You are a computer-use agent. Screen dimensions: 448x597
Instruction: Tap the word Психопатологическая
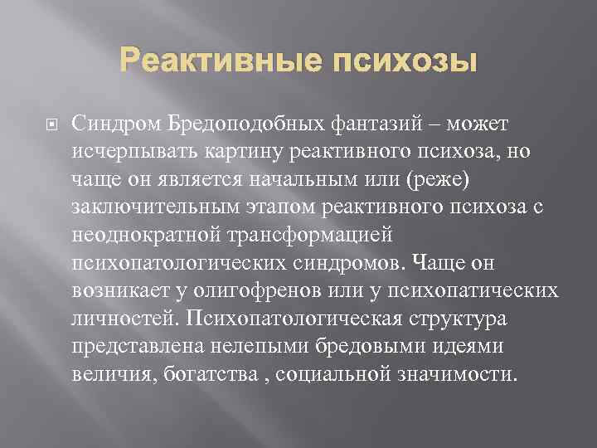[302, 322]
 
